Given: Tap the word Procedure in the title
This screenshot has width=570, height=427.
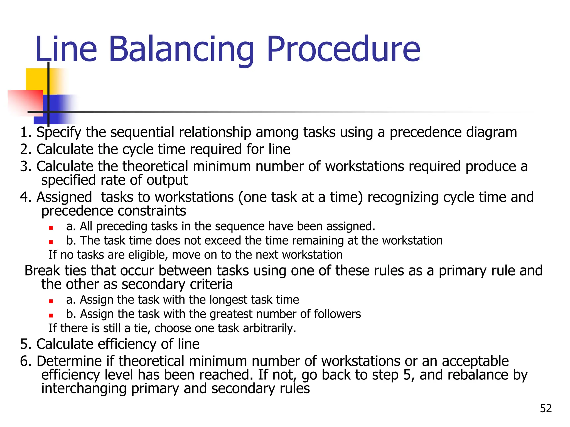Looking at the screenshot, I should pyautogui.click(x=343, y=49).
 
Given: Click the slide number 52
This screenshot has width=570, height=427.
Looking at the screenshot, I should pyautogui.click(x=546, y=408).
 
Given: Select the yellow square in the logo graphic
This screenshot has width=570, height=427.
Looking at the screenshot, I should pyautogui.click(x=36, y=79).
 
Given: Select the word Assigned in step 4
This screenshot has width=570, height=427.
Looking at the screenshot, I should pyautogui.click(x=64, y=197).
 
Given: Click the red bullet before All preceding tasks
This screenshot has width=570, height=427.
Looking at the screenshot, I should pyautogui.click(x=51, y=228).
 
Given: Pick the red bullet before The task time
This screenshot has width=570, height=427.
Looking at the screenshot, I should pyautogui.click(x=51, y=242).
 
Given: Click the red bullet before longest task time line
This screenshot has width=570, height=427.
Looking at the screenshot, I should pyautogui.click(x=51, y=301).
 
